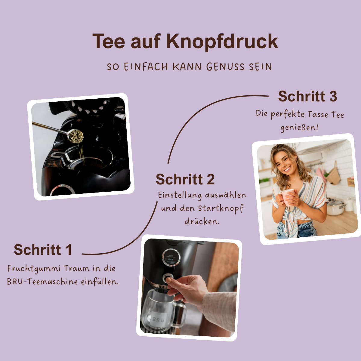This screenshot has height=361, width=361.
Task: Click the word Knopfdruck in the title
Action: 222,41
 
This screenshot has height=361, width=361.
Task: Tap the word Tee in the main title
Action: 108,41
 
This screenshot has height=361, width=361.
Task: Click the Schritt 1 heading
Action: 43,250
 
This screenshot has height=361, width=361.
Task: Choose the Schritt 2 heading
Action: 185,180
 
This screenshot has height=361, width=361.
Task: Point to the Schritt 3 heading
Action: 307,97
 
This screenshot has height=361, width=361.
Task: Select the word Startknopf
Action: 221,208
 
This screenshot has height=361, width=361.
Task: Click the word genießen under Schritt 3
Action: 299,128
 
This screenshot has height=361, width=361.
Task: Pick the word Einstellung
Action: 180,195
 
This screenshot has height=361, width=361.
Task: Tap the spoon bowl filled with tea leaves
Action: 75,136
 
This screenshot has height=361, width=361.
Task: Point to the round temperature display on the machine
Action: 171,258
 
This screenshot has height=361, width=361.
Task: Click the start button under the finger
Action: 167,278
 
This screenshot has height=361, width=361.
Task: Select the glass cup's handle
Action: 182,313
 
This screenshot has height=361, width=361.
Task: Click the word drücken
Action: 202,222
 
